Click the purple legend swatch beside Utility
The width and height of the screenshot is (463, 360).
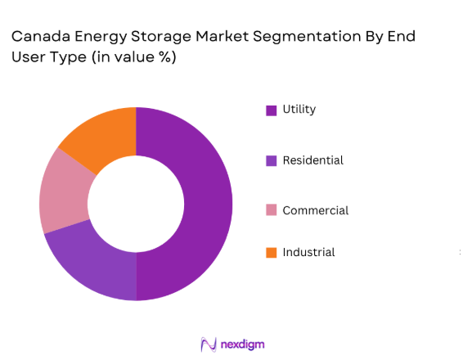[271, 110]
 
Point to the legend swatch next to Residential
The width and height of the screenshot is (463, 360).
[271, 160]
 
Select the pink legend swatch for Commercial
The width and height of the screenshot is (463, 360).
[271, 211]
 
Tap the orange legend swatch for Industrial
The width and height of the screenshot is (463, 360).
[271, 253]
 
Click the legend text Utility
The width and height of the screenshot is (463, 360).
[299, 110]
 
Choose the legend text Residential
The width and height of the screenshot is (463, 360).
[312, 160]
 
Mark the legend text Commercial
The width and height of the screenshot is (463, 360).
[315, 211]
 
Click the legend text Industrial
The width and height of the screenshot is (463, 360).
[308, 253]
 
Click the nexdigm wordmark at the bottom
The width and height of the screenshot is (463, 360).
[243, 344]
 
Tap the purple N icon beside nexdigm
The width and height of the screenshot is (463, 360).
[208, 344]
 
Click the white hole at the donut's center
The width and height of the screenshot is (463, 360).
[136, 204]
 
